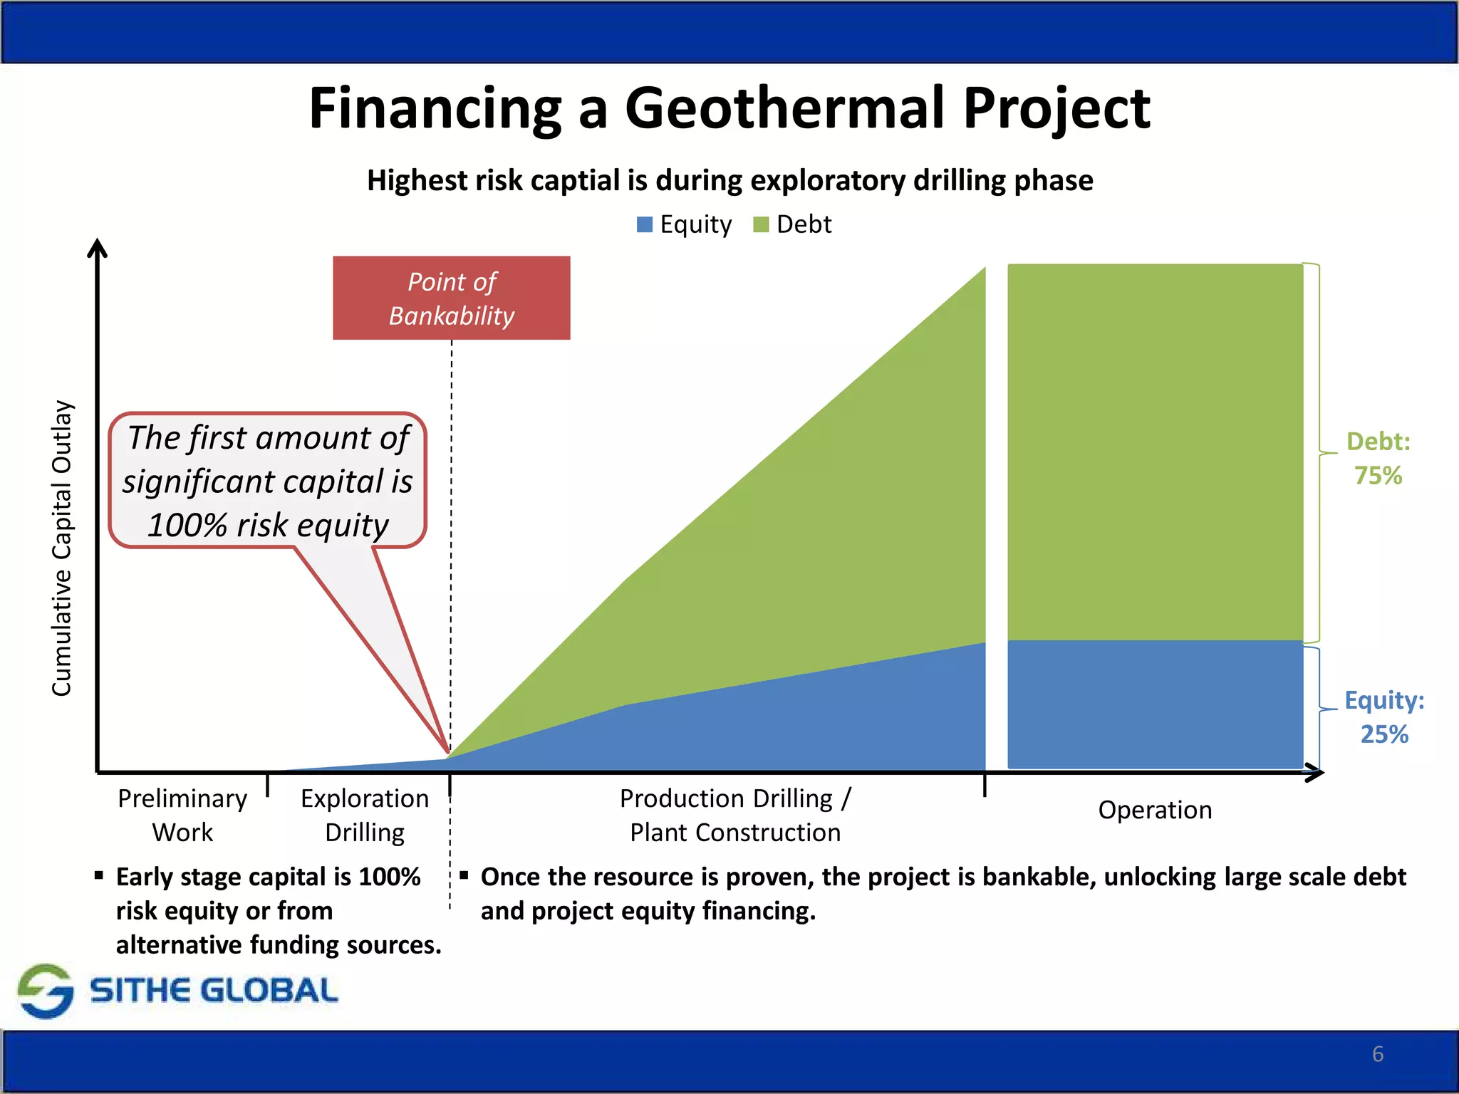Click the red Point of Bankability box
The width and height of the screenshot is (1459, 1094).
451,298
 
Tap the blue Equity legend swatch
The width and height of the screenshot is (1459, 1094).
644,225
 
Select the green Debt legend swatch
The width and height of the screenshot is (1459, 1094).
761,225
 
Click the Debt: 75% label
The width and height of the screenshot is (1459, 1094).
1378,458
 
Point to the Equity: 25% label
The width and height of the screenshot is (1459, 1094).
1383,717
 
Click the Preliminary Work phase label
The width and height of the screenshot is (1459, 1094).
182,815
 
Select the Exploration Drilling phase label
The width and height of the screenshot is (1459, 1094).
365,815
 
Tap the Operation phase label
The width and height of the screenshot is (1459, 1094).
1154,810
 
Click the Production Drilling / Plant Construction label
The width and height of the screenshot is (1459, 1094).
735,815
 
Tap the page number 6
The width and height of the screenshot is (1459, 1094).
1378,1054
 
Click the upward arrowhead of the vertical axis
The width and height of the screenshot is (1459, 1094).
97,247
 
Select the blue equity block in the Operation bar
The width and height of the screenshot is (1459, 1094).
1154,704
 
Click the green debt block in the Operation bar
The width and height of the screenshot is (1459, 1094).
1154,452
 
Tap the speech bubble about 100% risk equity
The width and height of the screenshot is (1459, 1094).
267,481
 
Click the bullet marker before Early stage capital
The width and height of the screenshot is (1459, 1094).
99,875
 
